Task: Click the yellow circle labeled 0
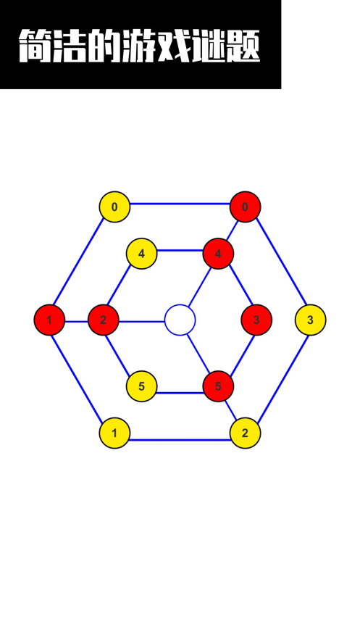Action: coord(114,207)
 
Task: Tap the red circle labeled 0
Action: coord(245,207)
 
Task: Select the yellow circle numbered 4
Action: coord(141,254)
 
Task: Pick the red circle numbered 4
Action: coord(218,254)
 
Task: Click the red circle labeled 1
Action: coord(49,320)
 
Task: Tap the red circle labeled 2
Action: coord(103,320)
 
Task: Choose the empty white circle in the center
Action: coord(180,320)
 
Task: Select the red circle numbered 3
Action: coord(256,320)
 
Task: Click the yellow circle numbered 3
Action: coord(310,320)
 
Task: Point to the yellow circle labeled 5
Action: coord(141,386)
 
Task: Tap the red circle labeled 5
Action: coord(218,386)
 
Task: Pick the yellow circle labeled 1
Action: coord(114,433)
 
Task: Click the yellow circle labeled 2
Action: coord(245,433)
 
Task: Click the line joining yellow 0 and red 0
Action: coord(180,204)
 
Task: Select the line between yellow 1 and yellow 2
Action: coord(180,440)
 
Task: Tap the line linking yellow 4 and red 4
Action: coord(180,250)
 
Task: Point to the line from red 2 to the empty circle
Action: coord(141,322)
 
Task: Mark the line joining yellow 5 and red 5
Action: coord(180,393)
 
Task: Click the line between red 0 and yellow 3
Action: coord(281,262)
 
